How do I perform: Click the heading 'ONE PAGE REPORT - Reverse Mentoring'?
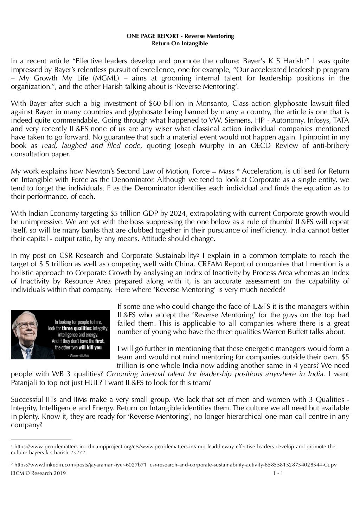pyautogui.click(x=180, y=36)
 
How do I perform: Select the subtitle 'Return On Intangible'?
pyautogui.click(x=180, y=44)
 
